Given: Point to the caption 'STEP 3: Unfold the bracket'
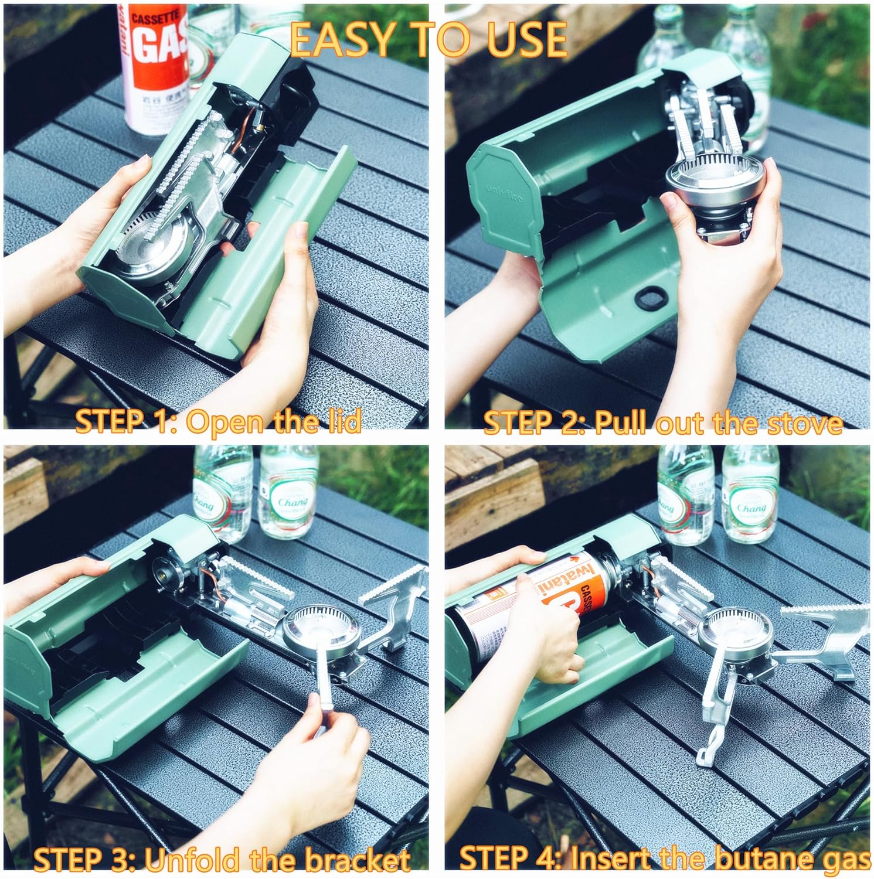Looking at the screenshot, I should coord(221,859).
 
